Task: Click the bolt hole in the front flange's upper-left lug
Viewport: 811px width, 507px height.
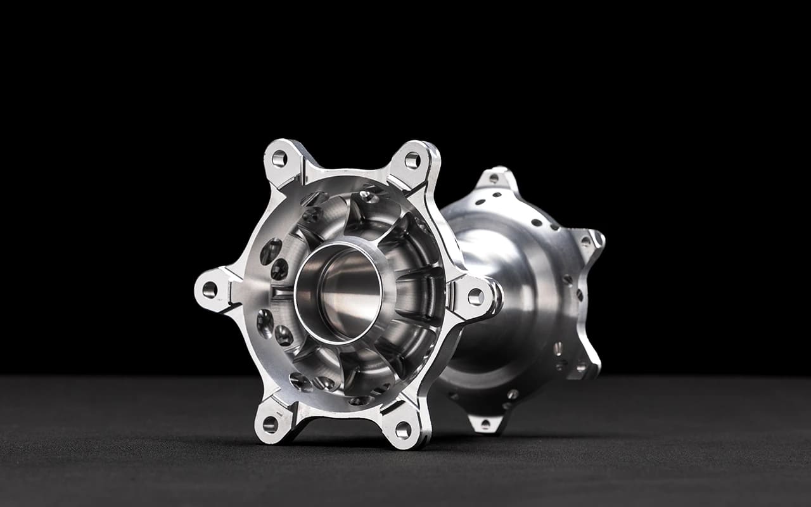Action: coord(279,158)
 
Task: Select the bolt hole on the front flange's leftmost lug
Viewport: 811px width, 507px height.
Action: coord(209,290)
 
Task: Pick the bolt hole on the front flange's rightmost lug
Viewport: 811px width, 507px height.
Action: coord(475,297)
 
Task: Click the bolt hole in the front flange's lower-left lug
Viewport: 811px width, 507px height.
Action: coord(271,423)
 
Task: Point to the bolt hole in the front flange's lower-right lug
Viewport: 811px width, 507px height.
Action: coord(403,430)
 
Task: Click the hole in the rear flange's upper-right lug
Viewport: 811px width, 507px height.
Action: coord(585,241)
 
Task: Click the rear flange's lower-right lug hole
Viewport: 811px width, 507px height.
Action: coord(580,366)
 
